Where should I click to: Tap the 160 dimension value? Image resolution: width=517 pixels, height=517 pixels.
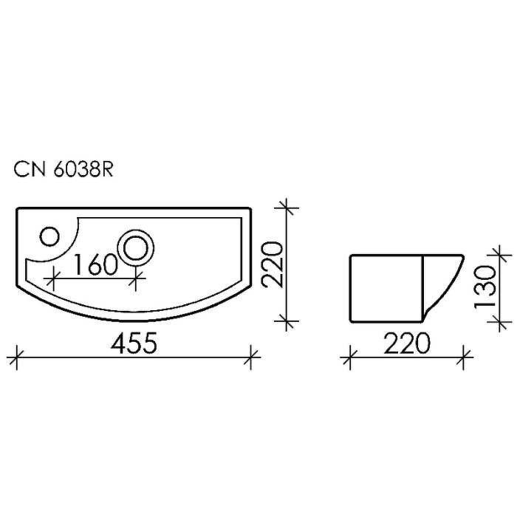[x=96, y=264]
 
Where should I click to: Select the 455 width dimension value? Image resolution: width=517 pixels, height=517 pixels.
[x=134, y=343]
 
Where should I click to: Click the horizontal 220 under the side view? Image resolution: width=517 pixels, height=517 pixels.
[x=406, y=343]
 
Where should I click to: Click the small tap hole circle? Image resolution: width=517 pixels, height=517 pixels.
[x=49, y=236]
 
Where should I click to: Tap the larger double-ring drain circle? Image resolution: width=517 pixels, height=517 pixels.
[x=137, y=246]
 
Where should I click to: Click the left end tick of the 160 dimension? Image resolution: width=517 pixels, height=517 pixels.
[x=52, y=279]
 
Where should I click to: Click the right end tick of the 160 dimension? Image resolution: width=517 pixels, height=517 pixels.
[x=135, y=279]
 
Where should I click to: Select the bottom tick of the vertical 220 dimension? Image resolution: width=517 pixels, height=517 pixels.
[x=288, y=321]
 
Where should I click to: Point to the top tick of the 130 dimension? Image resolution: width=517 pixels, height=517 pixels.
[x=503, y=256]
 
